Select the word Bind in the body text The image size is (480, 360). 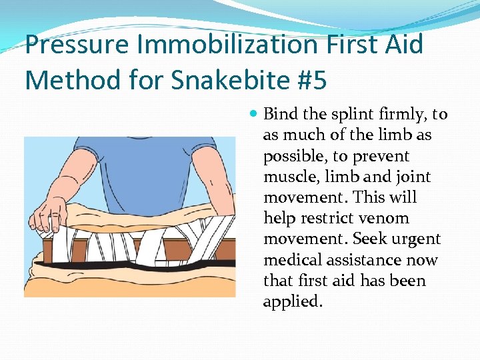tap(279, 114)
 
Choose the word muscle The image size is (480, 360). tap(288, 177)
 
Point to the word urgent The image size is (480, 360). tap(418, 239)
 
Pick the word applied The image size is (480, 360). tap(292, 301)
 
